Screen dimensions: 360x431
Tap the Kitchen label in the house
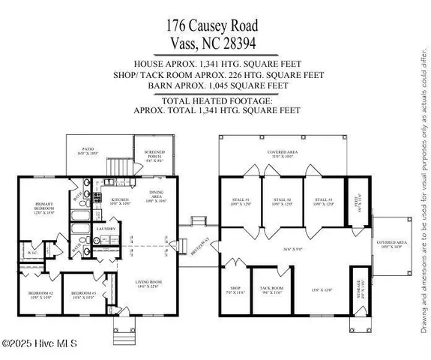click(x=121, y=200)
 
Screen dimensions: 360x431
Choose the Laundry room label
click(x=105, y=229)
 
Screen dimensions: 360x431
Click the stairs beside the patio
click(x=115, y=164)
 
